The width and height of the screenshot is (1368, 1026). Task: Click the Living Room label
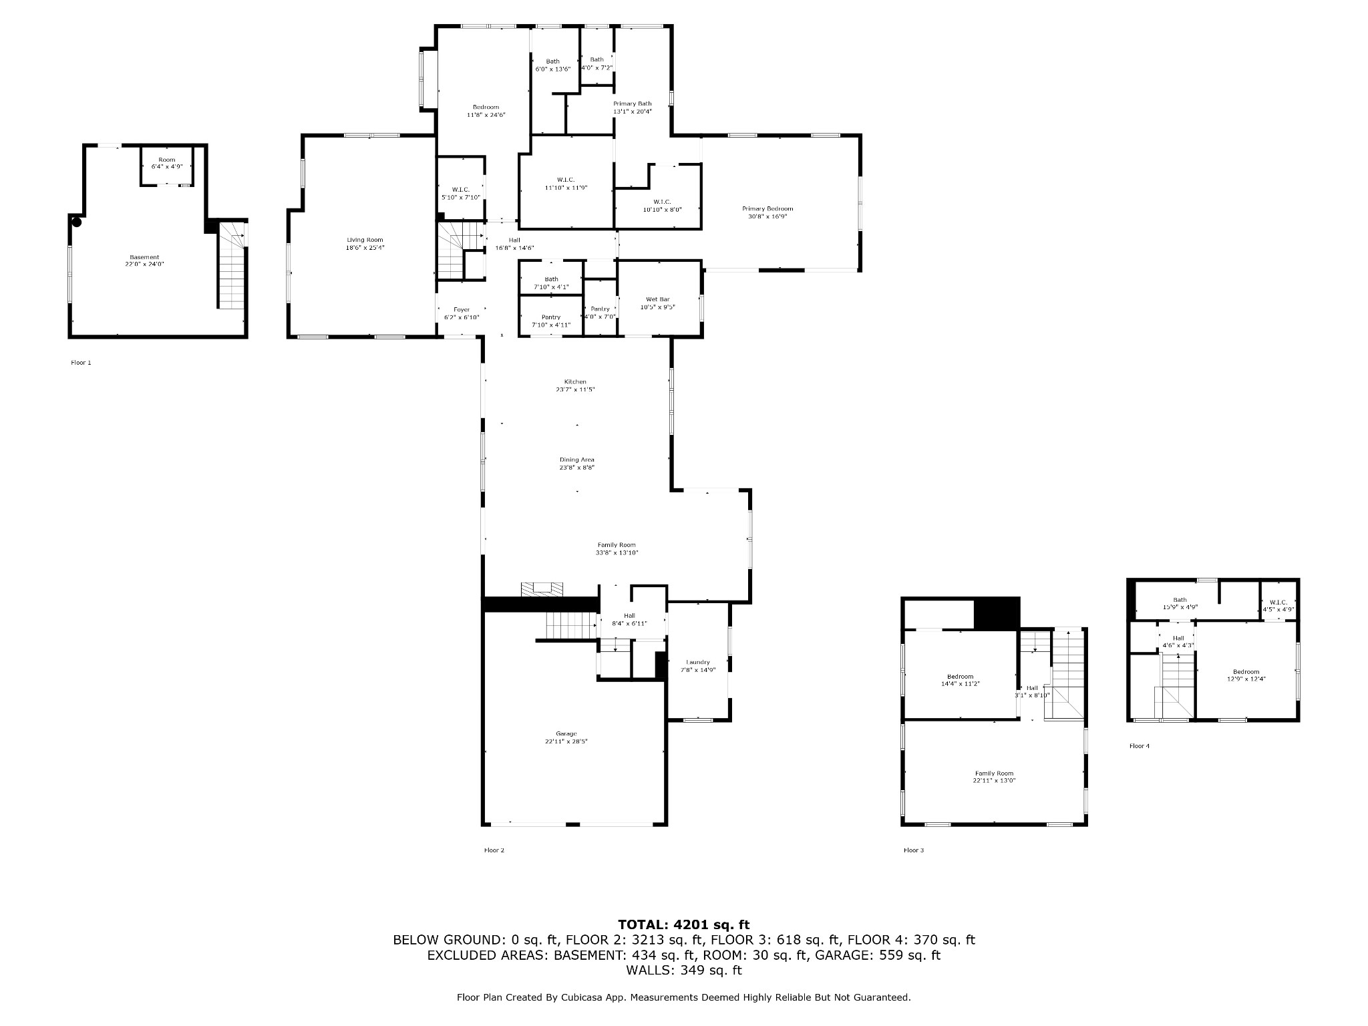point(365,244)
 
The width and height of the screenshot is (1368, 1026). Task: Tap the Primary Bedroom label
point(767,212)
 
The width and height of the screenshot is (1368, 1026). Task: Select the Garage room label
point(566,737)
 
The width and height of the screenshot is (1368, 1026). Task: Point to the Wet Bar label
point(658,303)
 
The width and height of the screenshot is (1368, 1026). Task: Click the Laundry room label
point(698,666)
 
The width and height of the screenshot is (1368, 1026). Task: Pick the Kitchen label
point(575,385)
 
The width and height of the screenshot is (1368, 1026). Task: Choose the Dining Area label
point(577,464)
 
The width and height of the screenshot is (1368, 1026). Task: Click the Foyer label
point(462,313)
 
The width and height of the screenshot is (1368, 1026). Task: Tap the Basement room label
point(144,261)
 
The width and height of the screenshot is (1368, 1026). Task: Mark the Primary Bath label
point(633,108)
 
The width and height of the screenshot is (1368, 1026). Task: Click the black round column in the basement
point(77,222)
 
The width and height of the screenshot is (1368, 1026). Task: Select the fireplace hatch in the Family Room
point(542,588)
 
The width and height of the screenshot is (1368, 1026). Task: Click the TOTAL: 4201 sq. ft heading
point(684,925)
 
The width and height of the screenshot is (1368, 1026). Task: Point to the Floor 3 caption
point(914,850)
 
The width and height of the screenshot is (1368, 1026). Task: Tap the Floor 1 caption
point(81,363)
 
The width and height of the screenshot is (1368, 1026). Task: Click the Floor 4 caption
point(1140,746)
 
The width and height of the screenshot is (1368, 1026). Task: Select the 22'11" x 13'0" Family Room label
point(994,778)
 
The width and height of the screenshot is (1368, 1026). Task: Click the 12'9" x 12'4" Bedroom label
point(1246,675)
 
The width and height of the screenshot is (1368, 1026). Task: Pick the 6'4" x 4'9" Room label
point(167,163)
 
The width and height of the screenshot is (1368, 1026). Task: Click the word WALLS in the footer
point(647,971)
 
